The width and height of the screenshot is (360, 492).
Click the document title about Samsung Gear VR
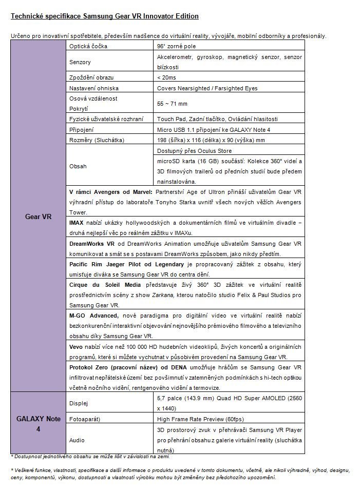104,16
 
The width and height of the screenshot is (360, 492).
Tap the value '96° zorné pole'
175,46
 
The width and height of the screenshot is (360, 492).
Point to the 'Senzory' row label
80,62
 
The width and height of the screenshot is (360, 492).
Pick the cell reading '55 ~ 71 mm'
172,104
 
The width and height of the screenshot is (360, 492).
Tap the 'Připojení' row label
81,130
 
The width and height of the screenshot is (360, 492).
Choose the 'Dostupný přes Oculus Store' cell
194,151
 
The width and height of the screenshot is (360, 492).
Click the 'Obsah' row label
78,166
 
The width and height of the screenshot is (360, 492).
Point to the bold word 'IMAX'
77,223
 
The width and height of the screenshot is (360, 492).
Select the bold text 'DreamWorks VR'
89,244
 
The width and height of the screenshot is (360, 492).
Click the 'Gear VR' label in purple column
38,216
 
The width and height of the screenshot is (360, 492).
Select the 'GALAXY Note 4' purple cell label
38,423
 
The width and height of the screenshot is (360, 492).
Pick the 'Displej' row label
79,403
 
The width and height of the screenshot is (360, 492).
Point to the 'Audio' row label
77,440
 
